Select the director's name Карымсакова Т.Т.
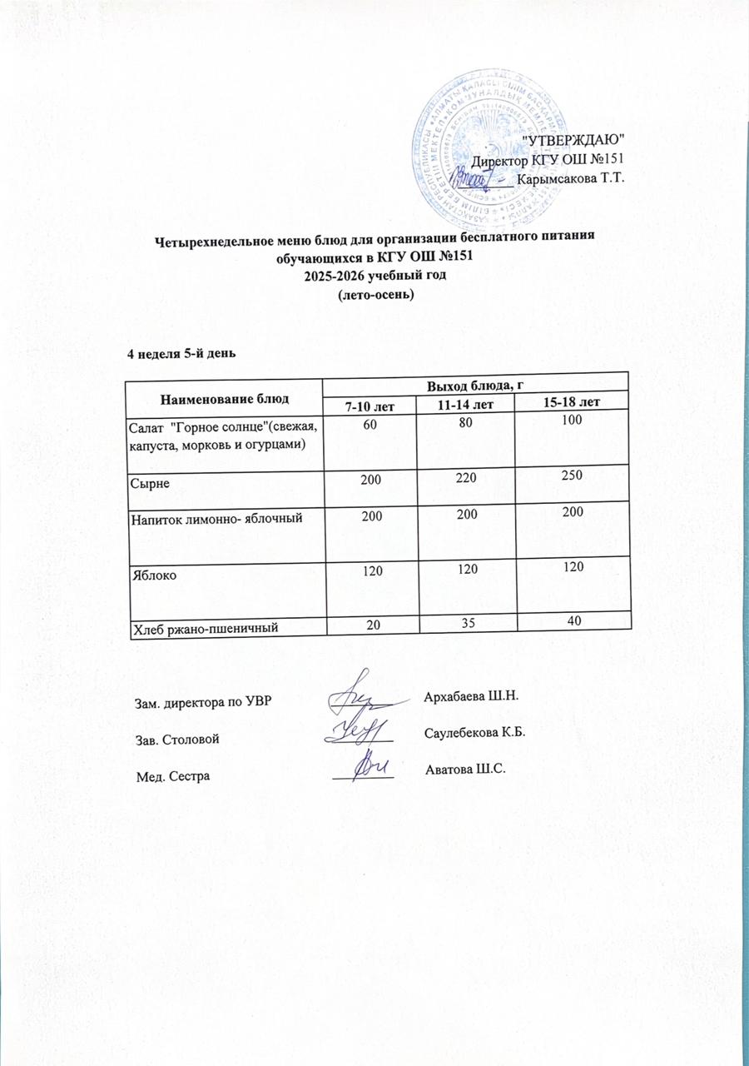570,178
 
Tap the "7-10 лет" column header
370,405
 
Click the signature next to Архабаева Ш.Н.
362,693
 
